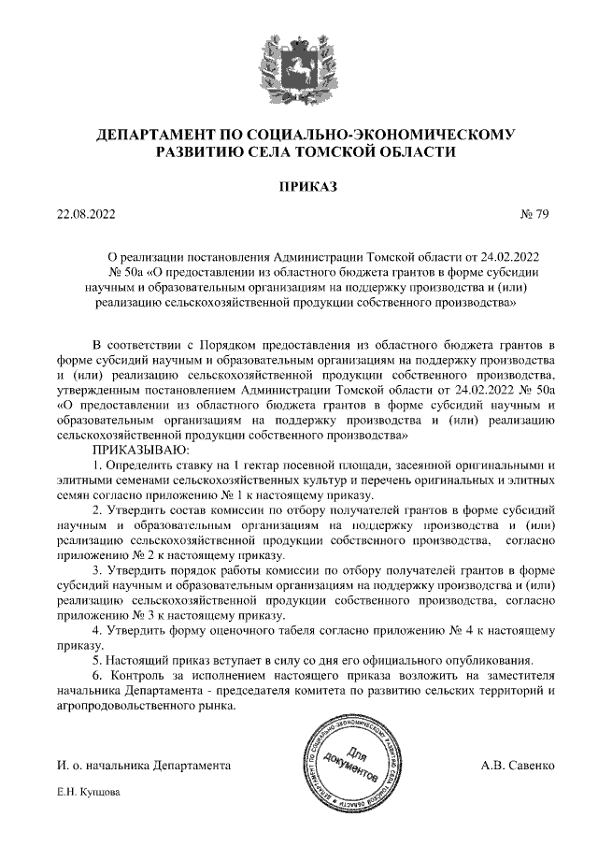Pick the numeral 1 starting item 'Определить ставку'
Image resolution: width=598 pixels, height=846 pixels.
pyautogui.click(x=97, y=465)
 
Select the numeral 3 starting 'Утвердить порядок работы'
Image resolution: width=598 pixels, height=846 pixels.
pyautogui.click(x=97, y=570)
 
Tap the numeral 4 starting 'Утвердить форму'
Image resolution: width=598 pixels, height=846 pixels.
pyautogui.click(x=97, y=630)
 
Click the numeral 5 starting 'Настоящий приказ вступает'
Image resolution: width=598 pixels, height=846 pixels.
pyautogui.click(x=97, y=660)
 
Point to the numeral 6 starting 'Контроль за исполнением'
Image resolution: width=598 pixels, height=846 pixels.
pyautogui.click(x=97, y=675)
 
